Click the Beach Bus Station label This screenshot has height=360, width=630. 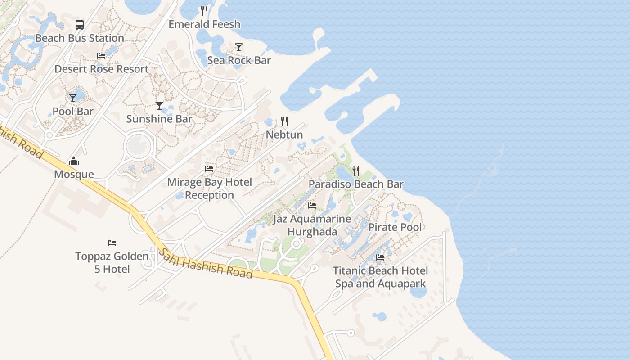(x=80, y=38)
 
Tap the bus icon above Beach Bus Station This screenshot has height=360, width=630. (x=80, y=24)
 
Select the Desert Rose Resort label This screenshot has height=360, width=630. (x=101, y=69)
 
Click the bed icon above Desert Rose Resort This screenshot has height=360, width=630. (x=101, y=56)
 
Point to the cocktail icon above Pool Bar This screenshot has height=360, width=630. (x=73, y=98)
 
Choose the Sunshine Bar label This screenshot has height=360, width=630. (x=159, y=119)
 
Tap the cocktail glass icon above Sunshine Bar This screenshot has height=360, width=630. (x=159, y=106)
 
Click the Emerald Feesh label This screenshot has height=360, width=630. (x=204, y=24)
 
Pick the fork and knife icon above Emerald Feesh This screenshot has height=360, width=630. (x=204, y=10)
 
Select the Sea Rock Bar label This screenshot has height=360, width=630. (x=239, y=60)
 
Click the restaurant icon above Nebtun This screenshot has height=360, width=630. (x=284, y=121)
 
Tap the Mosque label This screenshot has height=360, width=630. (x=74, y=174)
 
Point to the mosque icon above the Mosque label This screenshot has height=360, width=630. (x=74, y=161)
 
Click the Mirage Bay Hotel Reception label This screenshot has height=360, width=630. (x=209, y=189)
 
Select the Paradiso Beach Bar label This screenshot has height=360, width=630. (x=356, y=184)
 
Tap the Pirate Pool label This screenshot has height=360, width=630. (x=395, y=227)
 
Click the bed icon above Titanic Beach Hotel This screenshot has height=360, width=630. (x=380, y=258)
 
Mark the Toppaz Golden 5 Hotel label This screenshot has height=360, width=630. (x=112, y=263)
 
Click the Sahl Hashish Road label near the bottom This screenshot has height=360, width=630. (x=205, y=263)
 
